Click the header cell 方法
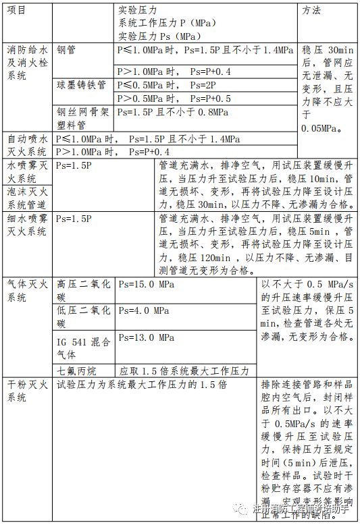coord(312,11)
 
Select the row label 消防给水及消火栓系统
coord(26,63)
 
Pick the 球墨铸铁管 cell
coord(82,86)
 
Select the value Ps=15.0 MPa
coord(146,284)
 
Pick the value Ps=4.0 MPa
coord(143,311)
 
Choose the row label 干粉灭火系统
coord(26,391)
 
